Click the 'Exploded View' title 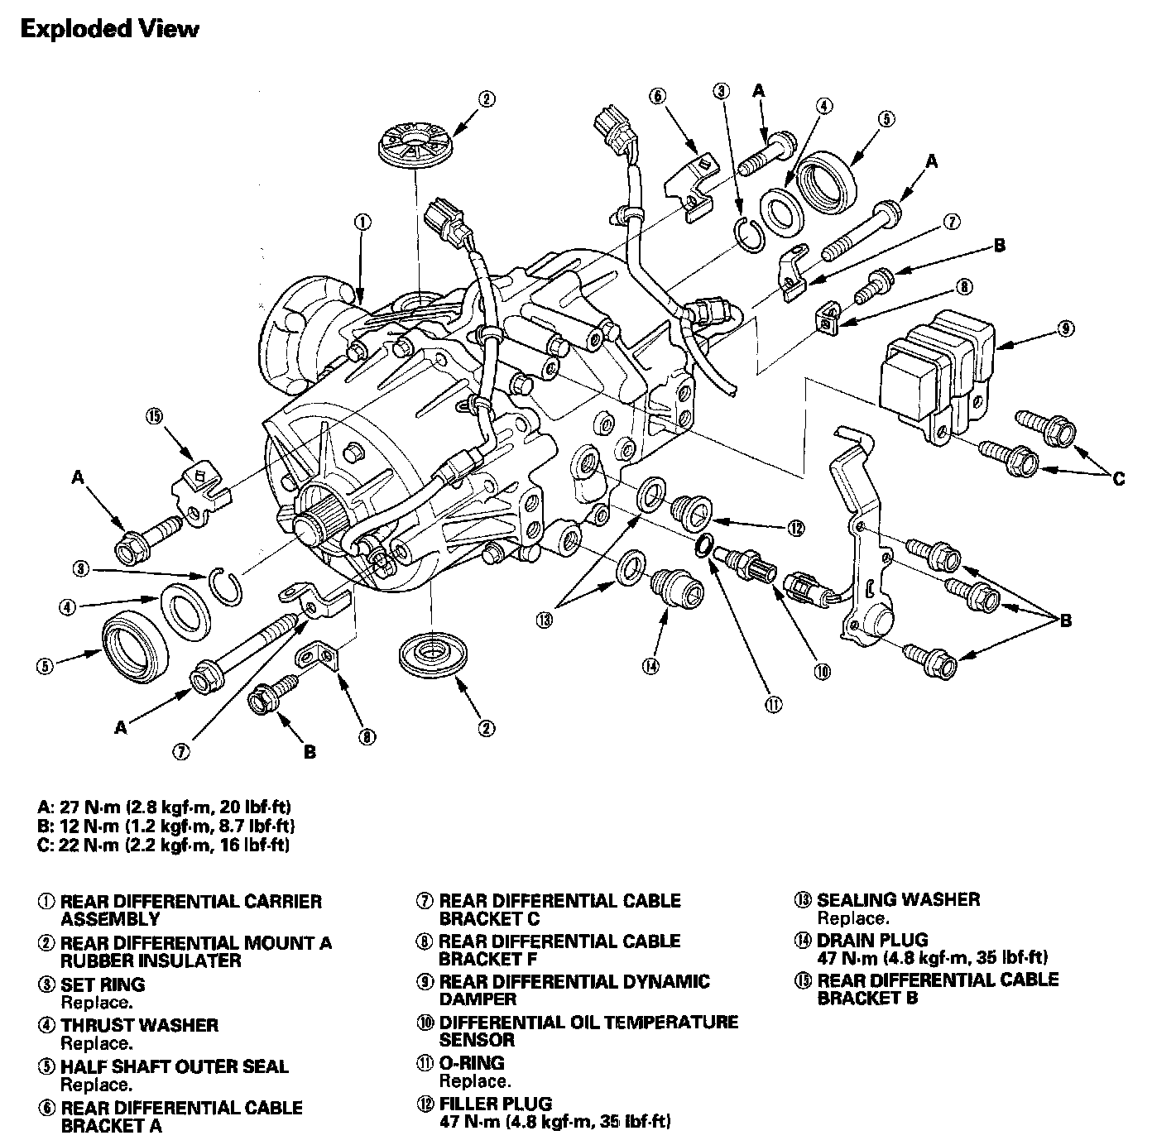(109, 29)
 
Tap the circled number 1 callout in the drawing (362, 222)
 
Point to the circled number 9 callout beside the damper (1065, 329)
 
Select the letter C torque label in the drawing (1119, 477)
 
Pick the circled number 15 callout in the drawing (154, 416)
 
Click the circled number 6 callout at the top (658, 96)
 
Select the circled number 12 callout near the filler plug (796, 527)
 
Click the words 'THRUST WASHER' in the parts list (139, 1025)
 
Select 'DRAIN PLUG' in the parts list (871, 940)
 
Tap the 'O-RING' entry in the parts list (471, 1063)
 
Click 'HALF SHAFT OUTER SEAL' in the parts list (174, 1066)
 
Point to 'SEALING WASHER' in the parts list (898, 899)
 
